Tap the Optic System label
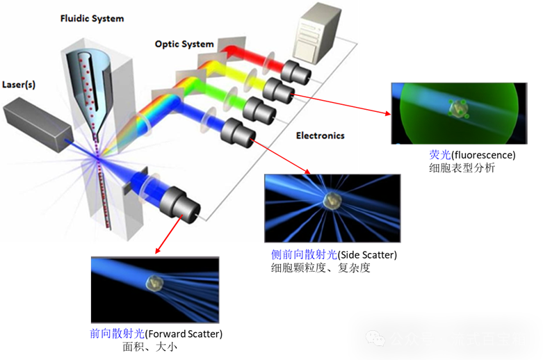184,44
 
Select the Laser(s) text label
19,85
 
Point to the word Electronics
321,136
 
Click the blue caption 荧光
440,155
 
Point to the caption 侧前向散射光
304,254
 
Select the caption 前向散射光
117,334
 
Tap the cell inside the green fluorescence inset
458,108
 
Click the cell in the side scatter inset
332,201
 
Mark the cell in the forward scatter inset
155,282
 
